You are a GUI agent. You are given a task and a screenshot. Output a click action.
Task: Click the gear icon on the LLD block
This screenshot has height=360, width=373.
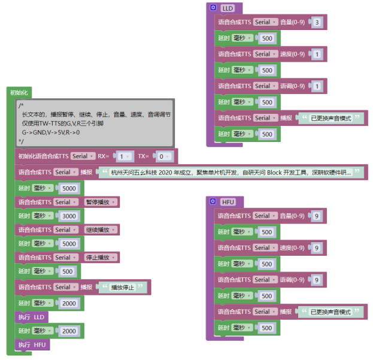(214, 8)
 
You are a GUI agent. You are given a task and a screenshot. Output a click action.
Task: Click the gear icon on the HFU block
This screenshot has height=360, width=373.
(214, 201)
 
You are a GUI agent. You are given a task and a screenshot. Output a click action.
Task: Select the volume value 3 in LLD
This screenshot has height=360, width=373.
(317, 22)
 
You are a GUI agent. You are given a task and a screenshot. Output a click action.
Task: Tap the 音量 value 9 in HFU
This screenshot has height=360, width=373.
(317, 216)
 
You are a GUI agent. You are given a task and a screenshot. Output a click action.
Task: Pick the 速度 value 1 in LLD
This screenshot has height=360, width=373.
(317, 54)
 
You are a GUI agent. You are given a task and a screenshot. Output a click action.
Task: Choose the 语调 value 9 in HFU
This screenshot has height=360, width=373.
(317, 280)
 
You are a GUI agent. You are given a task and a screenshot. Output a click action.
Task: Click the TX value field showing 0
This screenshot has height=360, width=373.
(161, 156)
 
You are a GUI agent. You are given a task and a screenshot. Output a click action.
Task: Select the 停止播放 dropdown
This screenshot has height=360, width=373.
(100, 258)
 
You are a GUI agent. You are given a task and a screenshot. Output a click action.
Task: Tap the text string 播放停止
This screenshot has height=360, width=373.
(123, 287)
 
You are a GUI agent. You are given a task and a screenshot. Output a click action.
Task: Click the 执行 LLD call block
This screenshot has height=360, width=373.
(31, 317)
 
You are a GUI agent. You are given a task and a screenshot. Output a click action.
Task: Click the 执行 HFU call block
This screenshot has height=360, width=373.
(31, 345)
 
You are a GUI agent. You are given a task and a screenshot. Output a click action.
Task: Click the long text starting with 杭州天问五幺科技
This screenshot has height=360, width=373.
(231, 172)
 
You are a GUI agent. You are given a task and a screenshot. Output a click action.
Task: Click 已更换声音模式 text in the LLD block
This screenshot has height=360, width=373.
(331, 118)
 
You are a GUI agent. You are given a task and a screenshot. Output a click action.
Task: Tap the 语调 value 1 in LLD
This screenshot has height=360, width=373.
(317, 86)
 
